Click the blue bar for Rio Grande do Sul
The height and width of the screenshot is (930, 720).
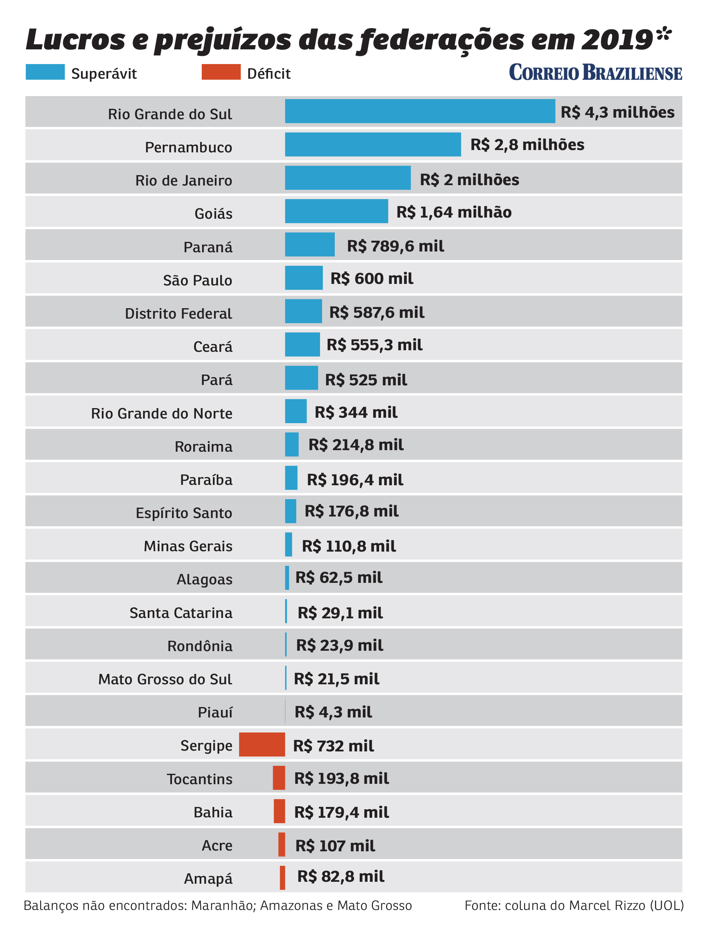pyautogui.click(x=420, y=111)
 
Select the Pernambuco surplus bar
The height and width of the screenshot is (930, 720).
pyautogui.click(x=373, y=144)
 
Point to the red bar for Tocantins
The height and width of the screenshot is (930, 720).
pyautogui.click(x=279, y=778)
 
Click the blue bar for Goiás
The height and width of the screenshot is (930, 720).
pyautogui.click(x=336, y=211)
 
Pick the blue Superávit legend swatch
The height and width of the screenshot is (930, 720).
pyautogui.click(x=45, y=72)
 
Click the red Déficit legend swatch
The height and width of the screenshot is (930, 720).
pyautogui.click(x=221, y=72)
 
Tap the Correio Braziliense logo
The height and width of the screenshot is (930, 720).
pyautogui.click(x=595, y=73)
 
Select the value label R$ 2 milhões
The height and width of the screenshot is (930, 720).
pyautogui.click(x=469, y=180)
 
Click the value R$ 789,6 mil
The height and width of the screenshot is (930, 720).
pyautogui.click(x=395, y=246)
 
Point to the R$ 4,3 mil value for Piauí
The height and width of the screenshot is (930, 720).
pyautogui.click(x=333, y=712)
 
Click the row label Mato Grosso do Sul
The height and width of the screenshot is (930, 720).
pyautogui.click(x=165, y=679)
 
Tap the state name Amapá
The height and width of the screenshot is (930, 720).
pyautogui.click(x=208, y=878)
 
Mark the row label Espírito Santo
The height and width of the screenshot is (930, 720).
pyautogui.click(x=184, y=513)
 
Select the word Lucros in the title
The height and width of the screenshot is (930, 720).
pyautogui.click(x=76, y=41)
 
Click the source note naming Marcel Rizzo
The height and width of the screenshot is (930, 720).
pyautogui.click(x=574, y=905)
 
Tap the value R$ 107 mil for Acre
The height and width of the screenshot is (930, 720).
pyautogui.click(x=335, y=846)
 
